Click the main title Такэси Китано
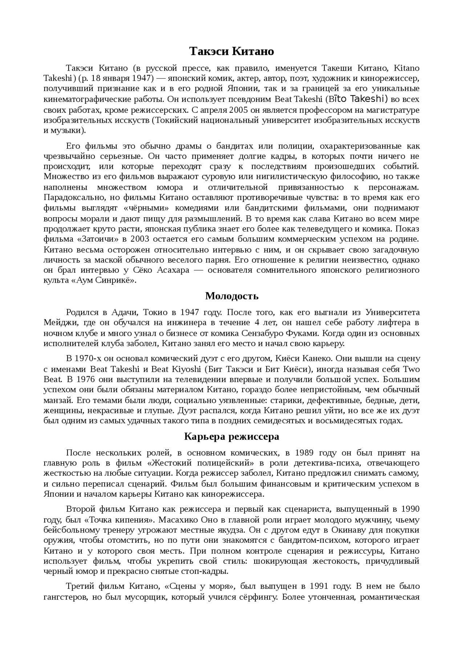click(231, 52)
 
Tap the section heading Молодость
click(232, 296)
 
